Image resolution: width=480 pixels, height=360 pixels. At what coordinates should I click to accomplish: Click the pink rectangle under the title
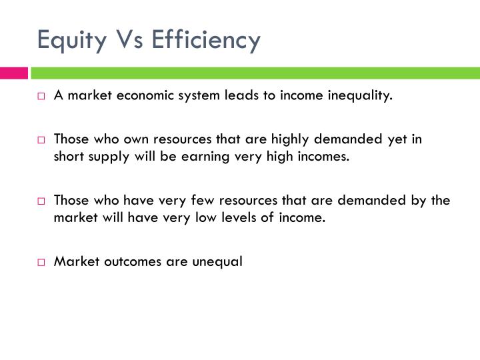point(13,72)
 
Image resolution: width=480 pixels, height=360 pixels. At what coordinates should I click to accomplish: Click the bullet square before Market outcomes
point(41,262)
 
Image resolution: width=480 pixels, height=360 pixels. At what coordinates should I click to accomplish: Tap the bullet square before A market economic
point(41,96)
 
